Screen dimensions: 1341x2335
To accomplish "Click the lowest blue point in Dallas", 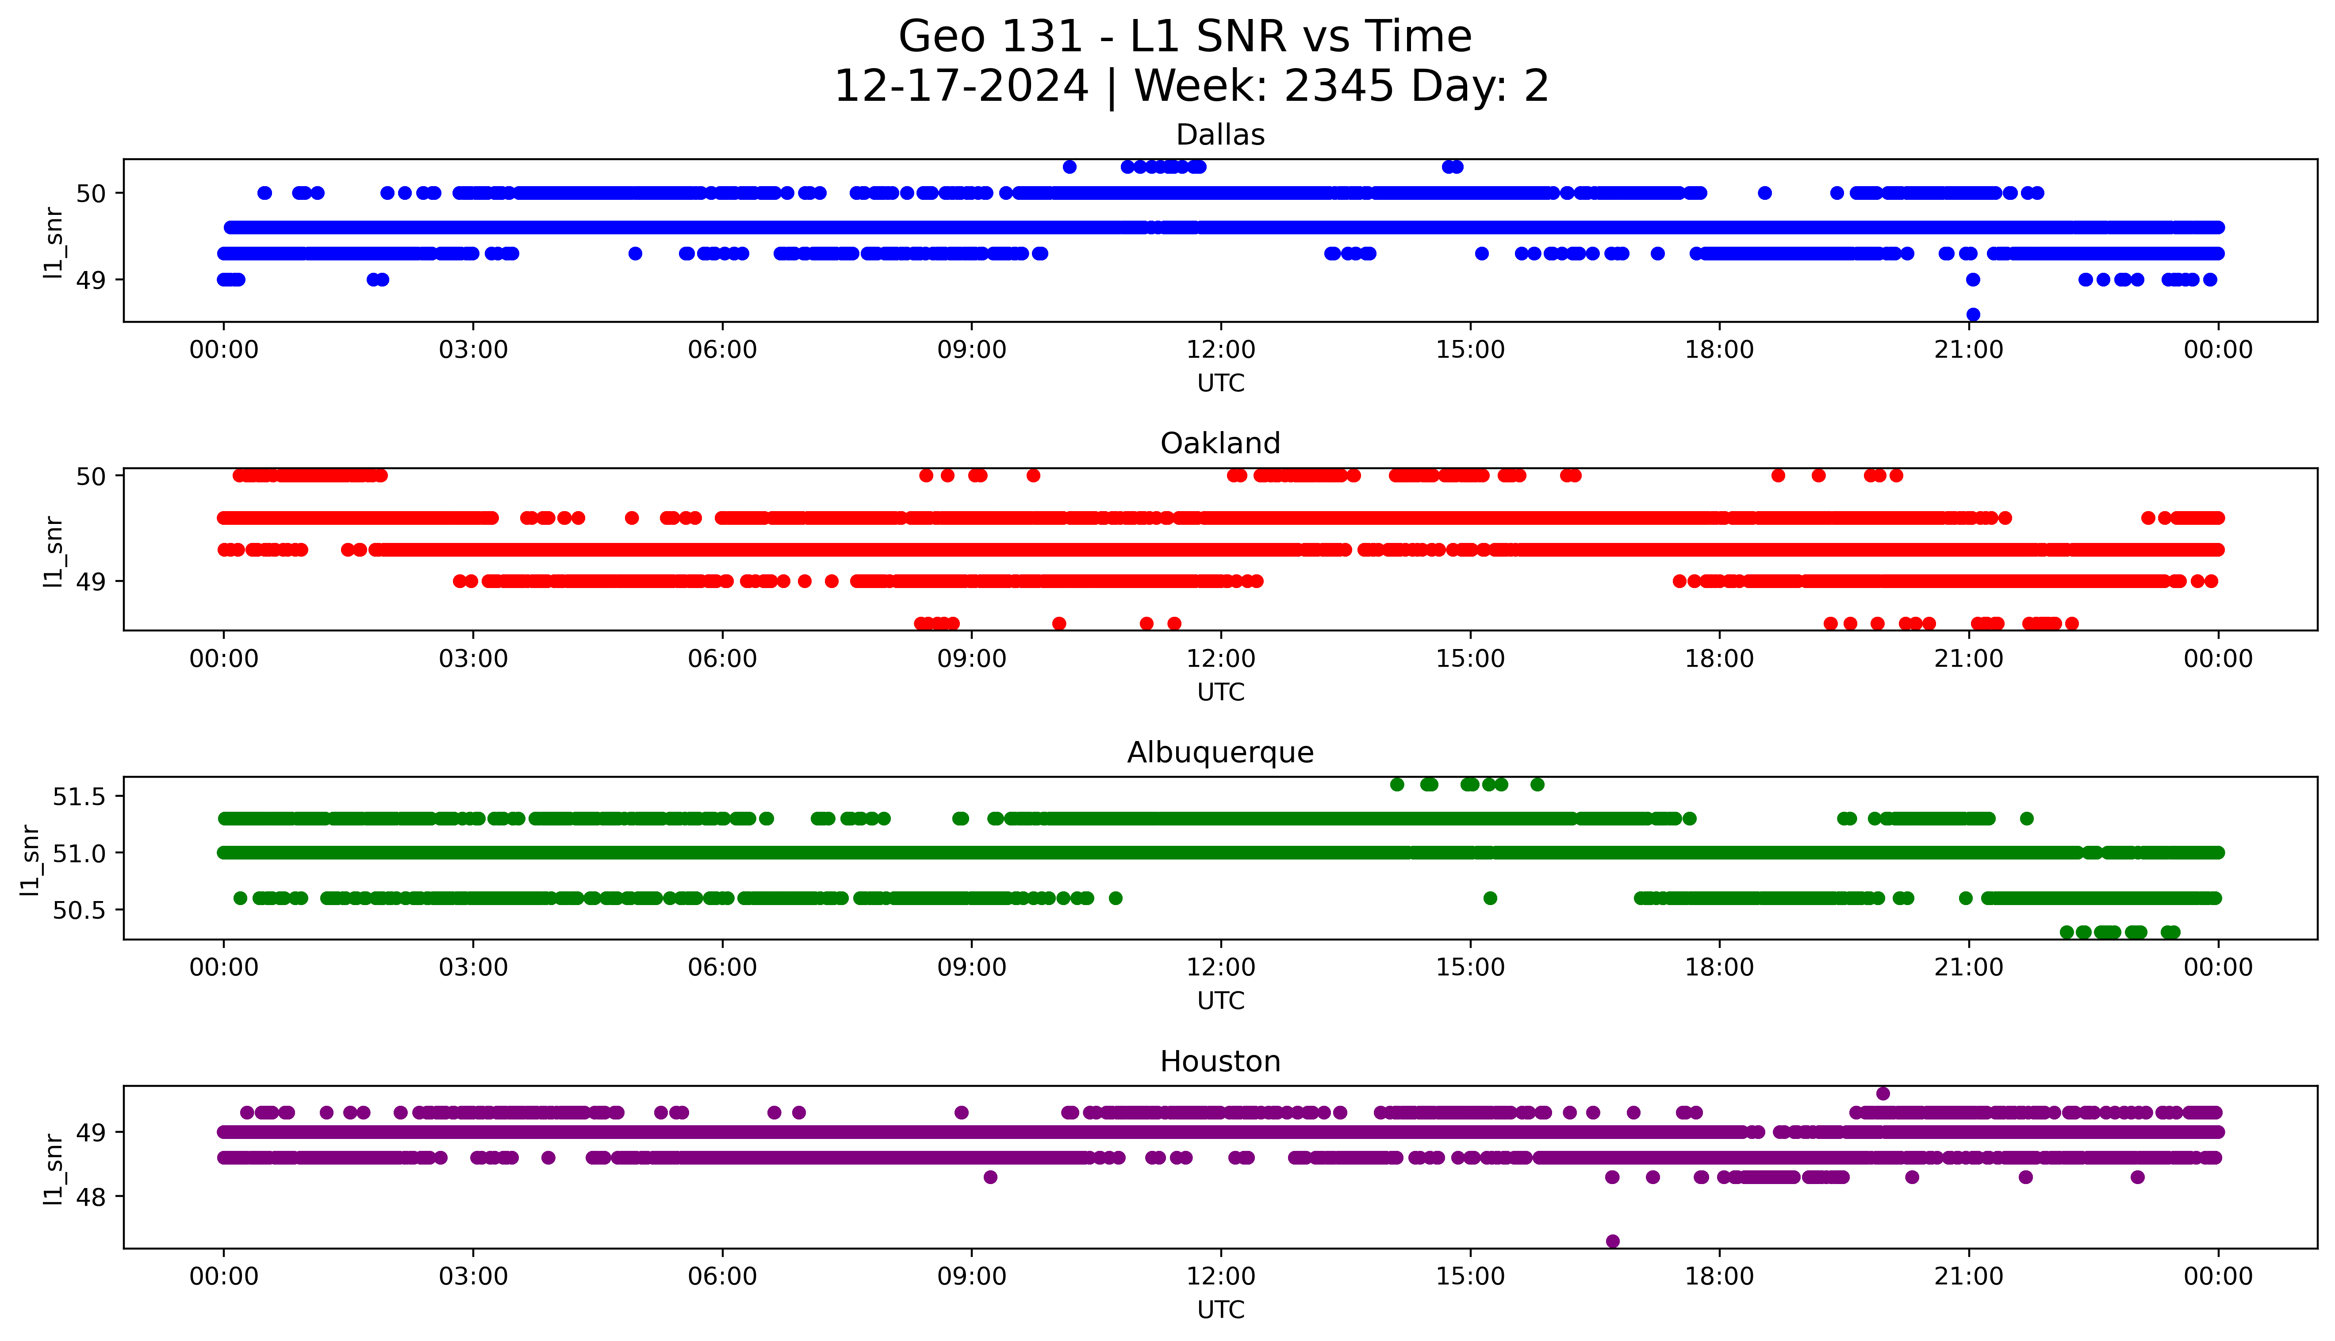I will pos(1973,315).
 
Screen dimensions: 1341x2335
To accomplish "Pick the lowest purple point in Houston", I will pos(1612,1242).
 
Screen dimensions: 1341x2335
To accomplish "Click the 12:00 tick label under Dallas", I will pos(1220,350).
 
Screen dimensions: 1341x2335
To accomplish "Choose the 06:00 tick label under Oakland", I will pos(722,658).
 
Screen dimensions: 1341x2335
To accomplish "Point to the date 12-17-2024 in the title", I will pos(961,87).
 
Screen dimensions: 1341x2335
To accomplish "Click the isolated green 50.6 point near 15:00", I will pos(1489,898).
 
